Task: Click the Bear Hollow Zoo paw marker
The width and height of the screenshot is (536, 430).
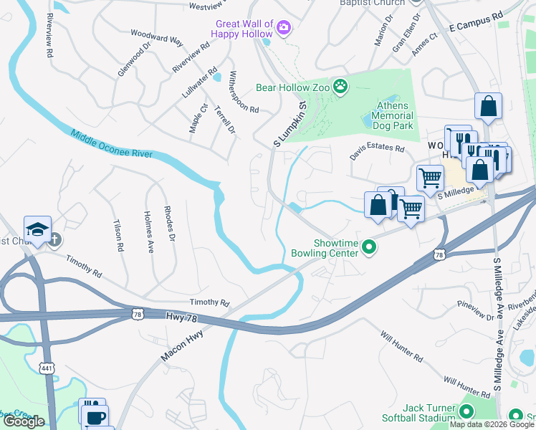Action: pos(341,87)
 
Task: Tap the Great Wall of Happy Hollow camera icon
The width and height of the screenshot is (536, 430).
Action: pos(284,28)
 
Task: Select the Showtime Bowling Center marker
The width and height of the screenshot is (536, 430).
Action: pos(369,247)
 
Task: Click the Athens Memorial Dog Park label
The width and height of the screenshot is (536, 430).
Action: pos(393,120)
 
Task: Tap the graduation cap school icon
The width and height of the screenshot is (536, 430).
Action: pos(37,229)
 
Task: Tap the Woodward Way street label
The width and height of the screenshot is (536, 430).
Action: pos(156,37)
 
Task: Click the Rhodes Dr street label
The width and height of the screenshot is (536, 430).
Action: pos(169,225)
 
